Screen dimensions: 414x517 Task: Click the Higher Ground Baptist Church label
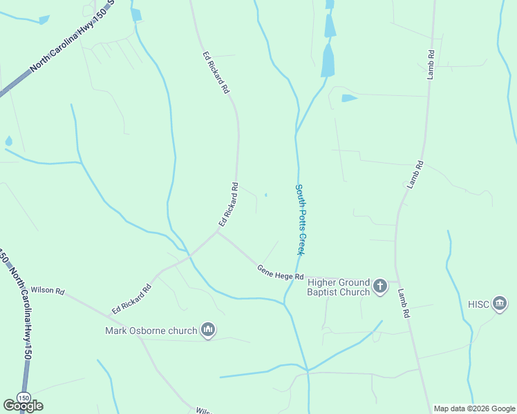point(339,287)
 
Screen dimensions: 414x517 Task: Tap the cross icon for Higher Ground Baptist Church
point(380,286)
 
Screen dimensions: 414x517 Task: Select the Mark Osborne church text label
point(151,331)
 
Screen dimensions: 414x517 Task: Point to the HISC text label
point(479,304)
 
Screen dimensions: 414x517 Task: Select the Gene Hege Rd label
point(281,273)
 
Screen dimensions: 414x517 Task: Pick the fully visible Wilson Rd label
point(48,290)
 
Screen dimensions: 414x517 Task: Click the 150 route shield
point(23,398)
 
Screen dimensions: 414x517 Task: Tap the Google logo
point(23,406)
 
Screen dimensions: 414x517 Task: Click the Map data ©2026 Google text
point(473,408)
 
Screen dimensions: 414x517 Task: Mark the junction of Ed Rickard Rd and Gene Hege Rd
point(218,232)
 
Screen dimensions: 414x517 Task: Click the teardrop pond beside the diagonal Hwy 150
point(8,141)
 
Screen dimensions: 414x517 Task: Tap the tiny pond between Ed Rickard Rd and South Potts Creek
point(266,195)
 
